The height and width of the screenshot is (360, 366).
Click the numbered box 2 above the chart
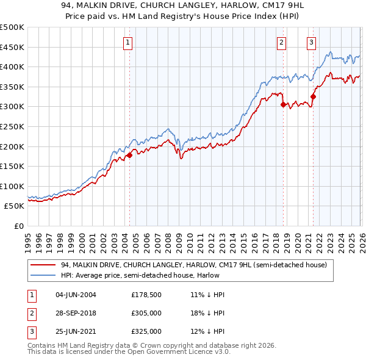click(281, 43)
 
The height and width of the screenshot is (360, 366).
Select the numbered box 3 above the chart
click(311, 43)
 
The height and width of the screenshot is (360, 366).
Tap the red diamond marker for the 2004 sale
click(129, 156)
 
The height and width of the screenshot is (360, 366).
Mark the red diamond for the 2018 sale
click(283, 105)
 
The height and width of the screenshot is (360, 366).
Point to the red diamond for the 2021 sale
click(313, 96)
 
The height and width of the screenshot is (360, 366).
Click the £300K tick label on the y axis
click(12, 107)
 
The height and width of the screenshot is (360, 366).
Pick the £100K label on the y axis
click(12, 186)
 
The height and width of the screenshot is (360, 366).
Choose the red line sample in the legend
click(44, 265)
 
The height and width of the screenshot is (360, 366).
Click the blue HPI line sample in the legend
click(44, 275)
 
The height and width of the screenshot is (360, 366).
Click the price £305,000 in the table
click(146, 313)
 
